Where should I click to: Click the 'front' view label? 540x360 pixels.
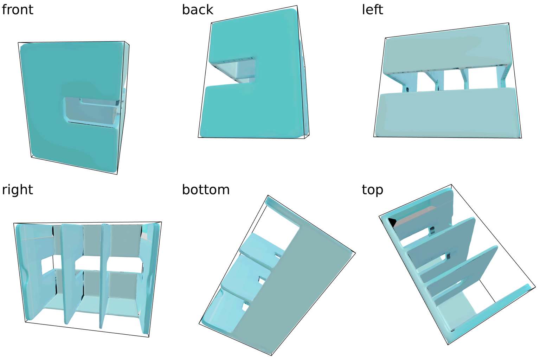point(17,9)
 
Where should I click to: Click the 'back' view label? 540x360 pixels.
point(197,9)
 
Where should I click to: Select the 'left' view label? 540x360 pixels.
point(372,9)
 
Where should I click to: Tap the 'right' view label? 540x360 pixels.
point(17,190)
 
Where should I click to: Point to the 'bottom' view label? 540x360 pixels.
point(206,190)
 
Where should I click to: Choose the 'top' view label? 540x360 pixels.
point(372,190)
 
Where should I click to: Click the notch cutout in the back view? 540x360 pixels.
point(235,72)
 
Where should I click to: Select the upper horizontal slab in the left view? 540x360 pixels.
point(446,49)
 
